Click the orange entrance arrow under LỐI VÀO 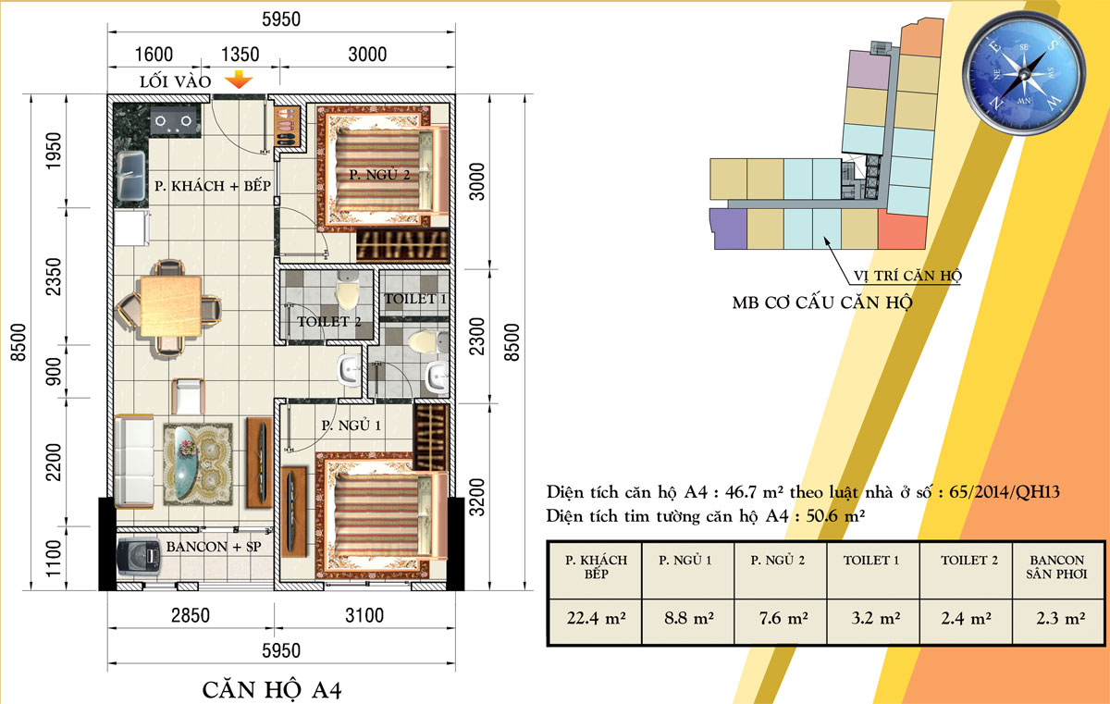(x=240, y=80)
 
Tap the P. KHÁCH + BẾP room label (x=212, y=186)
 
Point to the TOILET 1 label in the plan (x=416, y=299)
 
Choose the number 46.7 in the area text (x=715, y=492)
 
